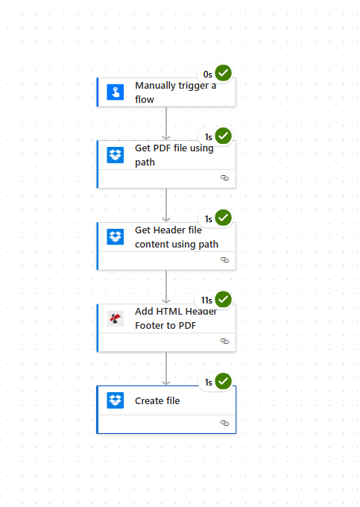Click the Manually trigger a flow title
click(x=175, y=92)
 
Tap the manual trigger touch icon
click(x=115, y=92)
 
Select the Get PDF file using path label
click(x=174, y=155)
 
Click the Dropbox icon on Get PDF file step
click(x=115, y=155)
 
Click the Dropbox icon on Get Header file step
click(x=115, y=237)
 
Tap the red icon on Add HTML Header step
click(x=115, y=319)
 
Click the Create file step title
click(x=157, y=400)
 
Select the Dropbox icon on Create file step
click(x=115, y=400)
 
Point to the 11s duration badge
click(x=206, y=300)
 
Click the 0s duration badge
click(x=207, y=74)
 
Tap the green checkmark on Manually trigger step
click(x=224, y=73)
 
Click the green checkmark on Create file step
click(x=224, y=382)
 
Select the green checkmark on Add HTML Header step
click(x=224, y=300)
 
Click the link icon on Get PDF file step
click(x=224, y=178)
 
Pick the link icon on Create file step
click(x=224, y=423)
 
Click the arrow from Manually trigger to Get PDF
click(x=166, y=123)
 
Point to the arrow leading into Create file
click(x=166, y=368)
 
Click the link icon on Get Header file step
click(x=224, y=260)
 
